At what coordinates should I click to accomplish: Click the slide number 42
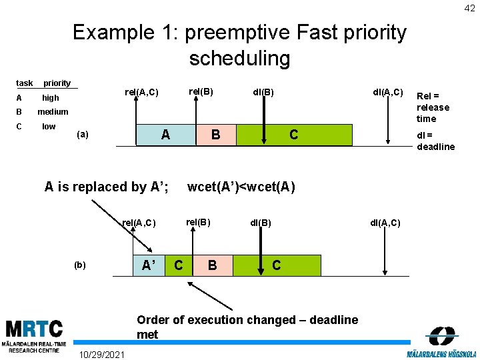(x=470, y=7)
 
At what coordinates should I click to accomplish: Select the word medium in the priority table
(x=53, y=112)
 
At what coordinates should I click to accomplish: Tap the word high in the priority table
(x=51, y=98)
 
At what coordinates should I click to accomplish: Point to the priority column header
(x=57, y=83)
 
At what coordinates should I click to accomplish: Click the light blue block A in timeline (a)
(x=165, y=135)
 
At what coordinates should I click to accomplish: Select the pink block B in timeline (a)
(x=215, y=135)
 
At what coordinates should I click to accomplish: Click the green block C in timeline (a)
(x=293, y=135)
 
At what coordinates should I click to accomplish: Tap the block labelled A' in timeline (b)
(x=149, y=265)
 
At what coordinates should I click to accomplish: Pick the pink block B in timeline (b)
(x=211, y=265)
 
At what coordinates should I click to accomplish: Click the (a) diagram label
(x=83, y=134)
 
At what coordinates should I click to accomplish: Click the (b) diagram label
(x=80, y=265)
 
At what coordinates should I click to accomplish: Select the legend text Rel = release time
(x=433, y=107)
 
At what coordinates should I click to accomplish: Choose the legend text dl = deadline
(x=435, y=141)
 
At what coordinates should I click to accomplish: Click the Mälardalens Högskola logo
(x=441, y=341)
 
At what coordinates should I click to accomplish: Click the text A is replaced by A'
(x=106, y=187)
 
